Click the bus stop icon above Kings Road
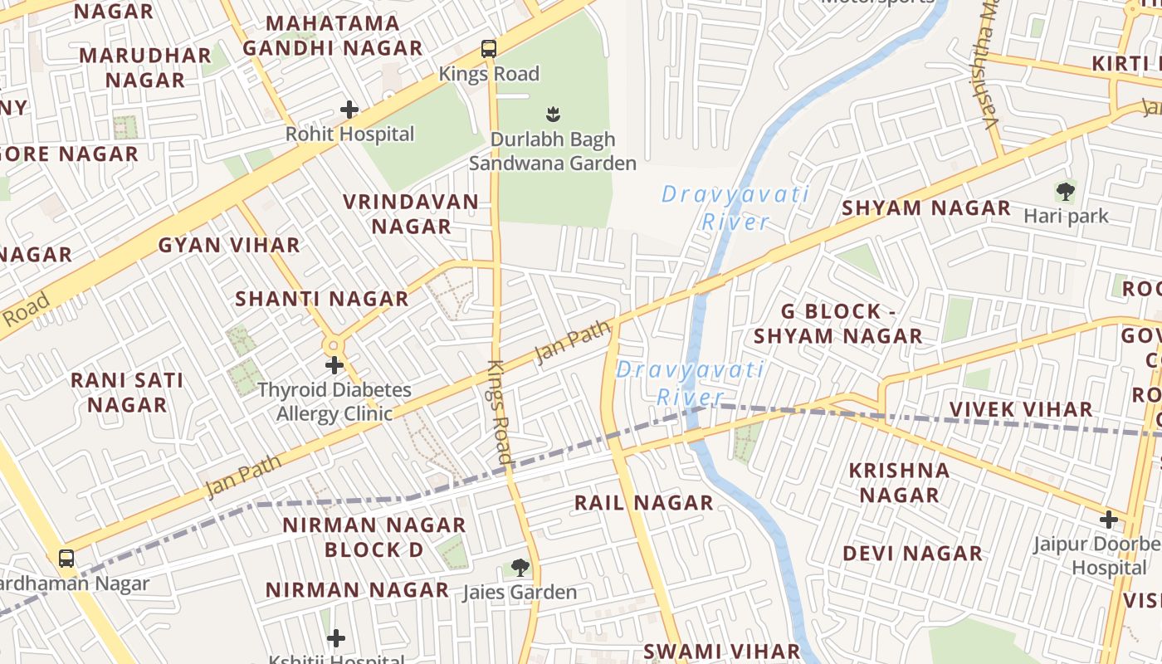point(489,49)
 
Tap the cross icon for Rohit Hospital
point(349,109)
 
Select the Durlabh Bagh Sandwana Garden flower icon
point(552,113)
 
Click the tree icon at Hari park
point(1066,192)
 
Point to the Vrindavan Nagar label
point(411,214)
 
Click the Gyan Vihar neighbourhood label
point(229,245)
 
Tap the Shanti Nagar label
point(322,299)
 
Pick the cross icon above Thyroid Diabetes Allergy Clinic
point(334,364)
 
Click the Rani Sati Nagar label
point(127,393)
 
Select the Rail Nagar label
point(644,502)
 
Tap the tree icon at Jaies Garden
point(520,568)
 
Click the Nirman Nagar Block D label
point(373,537)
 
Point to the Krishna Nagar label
point(899,482)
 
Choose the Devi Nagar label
point(912,553)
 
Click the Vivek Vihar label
point(1021,409)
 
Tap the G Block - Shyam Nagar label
point(838,324)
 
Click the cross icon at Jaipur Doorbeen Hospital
point(1109,520)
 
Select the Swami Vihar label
point(722,651)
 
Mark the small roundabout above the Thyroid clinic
point(334,344)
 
